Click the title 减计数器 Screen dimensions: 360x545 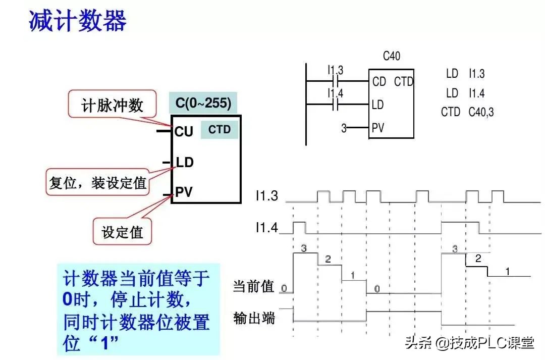coord(77,21)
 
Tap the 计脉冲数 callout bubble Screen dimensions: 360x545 coord(112,105)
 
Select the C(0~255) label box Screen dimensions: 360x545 coord(203,104)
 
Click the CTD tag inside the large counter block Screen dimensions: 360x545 coord(220,130)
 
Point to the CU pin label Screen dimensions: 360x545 coord(184,132)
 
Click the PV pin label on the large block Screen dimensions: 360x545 coord(184,192)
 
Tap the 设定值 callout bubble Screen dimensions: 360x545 coord(122,232)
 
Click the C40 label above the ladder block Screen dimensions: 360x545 coord(392,56)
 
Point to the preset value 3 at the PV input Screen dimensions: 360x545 coord(344,128)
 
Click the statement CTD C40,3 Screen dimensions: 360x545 coord(467,112)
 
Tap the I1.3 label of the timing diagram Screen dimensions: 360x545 coord(266,196)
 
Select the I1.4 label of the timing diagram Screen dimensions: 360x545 coord(266,228)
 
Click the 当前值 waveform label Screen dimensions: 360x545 coord(253,287)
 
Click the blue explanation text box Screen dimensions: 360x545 coord(138,308)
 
